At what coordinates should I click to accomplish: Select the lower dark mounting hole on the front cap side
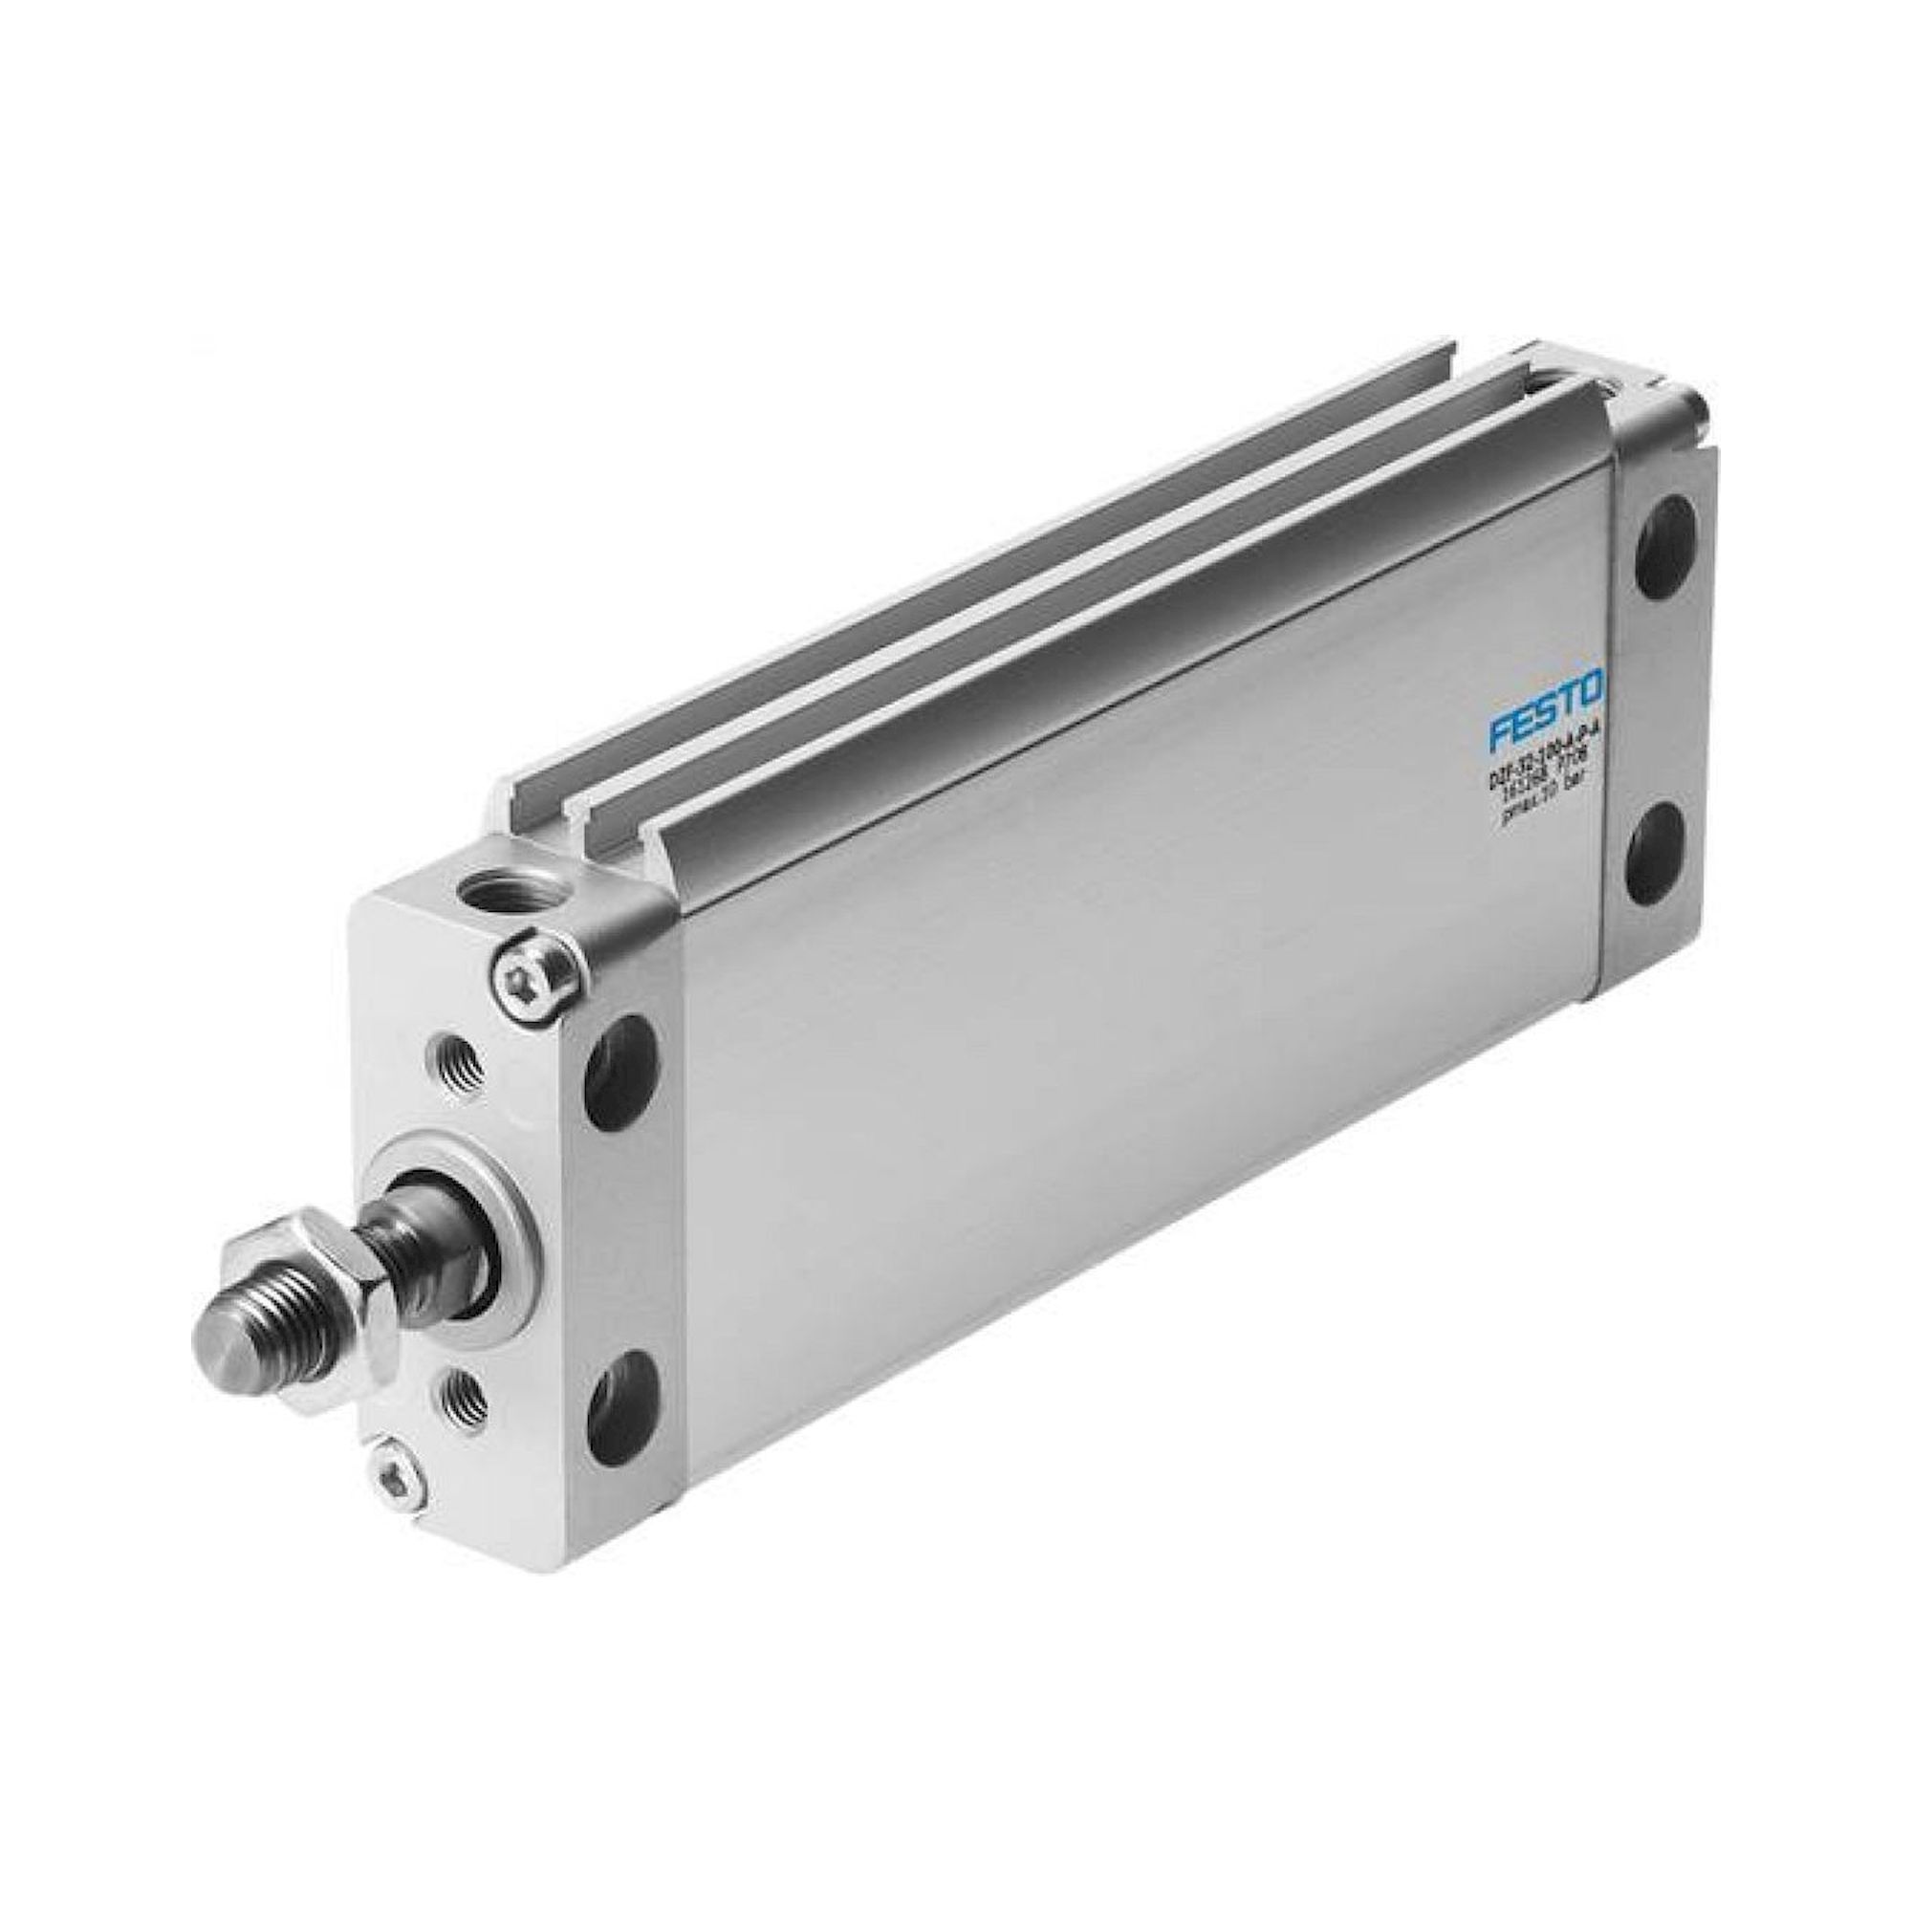pyautogui.click(x=622, y=1410)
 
